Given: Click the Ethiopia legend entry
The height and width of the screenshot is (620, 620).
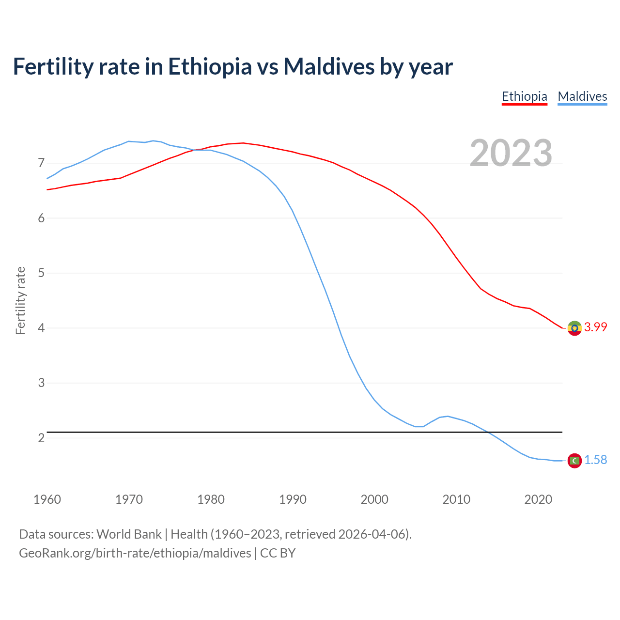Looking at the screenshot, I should click(524, 96).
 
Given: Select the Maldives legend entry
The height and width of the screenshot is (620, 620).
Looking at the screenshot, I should click(582, 96).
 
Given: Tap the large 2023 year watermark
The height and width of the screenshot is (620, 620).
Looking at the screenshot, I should click(511, 153).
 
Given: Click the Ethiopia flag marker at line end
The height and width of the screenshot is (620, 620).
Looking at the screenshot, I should click(574, 328).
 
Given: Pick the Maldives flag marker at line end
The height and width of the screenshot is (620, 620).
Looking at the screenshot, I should click(574, 461).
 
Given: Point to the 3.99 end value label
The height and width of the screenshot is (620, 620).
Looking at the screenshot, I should click(595, 327).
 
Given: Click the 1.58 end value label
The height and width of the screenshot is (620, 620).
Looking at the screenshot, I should click(595, 460).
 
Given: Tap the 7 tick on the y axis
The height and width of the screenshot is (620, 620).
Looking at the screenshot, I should click(41, 163).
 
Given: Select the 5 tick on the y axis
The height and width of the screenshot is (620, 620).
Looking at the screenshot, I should click(41, 273).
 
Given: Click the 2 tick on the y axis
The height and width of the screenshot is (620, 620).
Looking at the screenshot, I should click(41, 438).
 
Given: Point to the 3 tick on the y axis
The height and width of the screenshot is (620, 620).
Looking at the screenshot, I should click(41, 383).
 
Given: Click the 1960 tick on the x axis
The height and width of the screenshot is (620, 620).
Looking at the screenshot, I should click(47, 499).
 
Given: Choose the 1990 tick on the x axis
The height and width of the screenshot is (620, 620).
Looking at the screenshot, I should click(293, 499).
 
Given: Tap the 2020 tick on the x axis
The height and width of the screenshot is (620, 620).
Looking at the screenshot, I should click(538, 499).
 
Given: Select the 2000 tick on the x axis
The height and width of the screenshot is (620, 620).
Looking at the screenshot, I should click(374, 499).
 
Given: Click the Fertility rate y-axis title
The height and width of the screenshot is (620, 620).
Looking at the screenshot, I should click(20, 300).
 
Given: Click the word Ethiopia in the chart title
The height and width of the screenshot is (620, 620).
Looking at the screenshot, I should click(210, 67).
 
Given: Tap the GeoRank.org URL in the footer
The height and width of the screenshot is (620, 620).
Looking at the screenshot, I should click(135, 553).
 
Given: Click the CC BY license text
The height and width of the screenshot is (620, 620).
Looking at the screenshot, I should click(278, 553).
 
